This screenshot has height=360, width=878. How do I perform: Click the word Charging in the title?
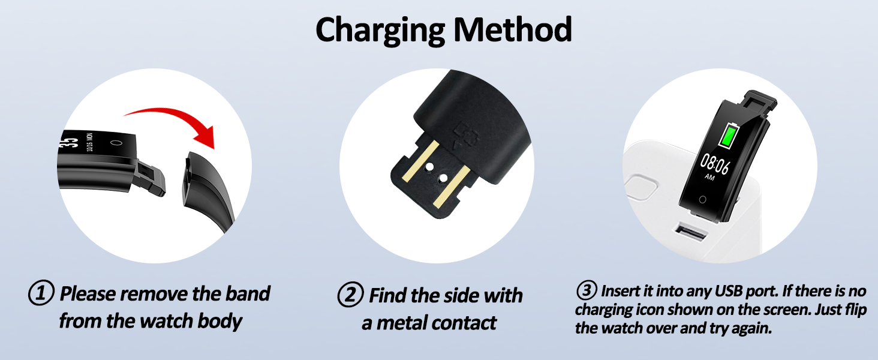click(378, 30)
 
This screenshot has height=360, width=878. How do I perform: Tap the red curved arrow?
click(174, 123)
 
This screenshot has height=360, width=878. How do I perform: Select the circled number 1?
click(41, 294)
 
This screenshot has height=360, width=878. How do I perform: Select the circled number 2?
click(350, 295)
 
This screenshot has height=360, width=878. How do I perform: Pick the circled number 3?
click(586, 292)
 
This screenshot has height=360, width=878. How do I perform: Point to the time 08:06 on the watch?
click(714, 164)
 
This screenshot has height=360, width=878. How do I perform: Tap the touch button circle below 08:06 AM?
click(702, 199)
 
